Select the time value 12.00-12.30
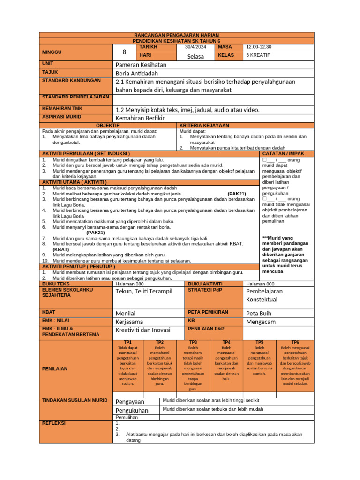[x=259, y=47]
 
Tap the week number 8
[x=124, y=52]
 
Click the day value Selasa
[x=195, y=56]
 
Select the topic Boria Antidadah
[x=137, y=74]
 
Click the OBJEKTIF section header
[x=108, y=126]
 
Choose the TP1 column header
[x=127, y=343]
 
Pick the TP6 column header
[x=295, y=343]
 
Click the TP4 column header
[x=226, y=343]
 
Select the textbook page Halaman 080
[x=130, y=284]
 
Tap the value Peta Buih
[x=259, y=313]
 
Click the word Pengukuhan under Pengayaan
[x=132, y=411]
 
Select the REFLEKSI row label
[x=54, y=423]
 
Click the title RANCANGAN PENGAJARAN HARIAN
[x=177, y=36]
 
